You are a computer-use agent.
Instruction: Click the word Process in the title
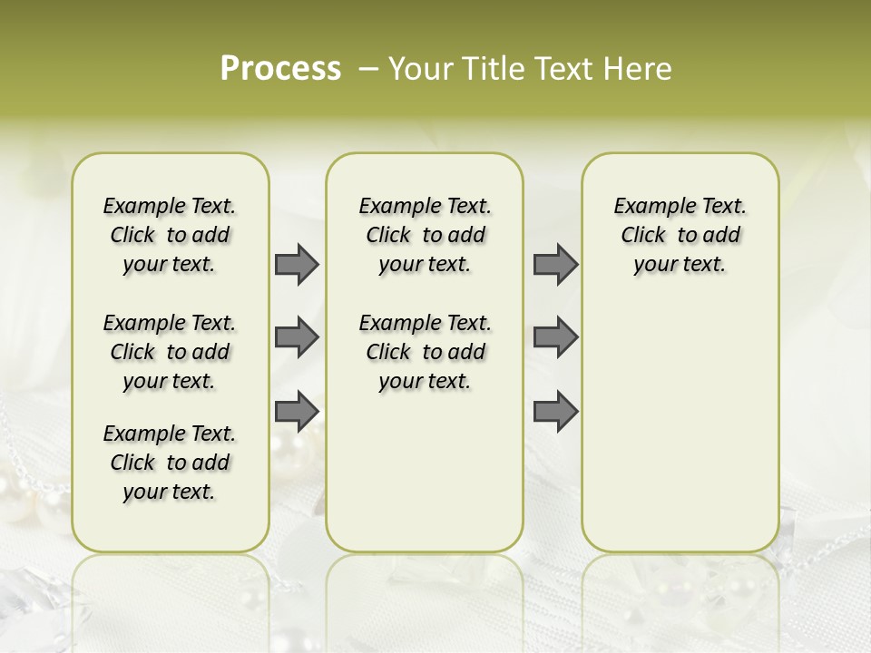tap(280, 69)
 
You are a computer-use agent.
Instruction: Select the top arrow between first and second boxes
tap(297, 264)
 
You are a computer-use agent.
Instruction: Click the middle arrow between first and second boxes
tap(297, 337)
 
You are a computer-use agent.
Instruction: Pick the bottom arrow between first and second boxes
tap(297, 411)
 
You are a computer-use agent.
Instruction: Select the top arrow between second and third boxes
tap(555, 264)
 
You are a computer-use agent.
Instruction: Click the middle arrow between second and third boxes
tap(555, 337)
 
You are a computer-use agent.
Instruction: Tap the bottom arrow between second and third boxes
tap(555, 411)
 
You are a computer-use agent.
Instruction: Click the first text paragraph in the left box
tap(170, 235)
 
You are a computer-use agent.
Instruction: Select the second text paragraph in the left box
tap(170, 352)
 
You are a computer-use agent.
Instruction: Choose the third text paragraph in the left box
tap(170, 463)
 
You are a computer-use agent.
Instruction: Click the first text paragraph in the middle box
tap(425, 235)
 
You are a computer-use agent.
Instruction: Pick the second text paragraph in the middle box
tap(425, 352)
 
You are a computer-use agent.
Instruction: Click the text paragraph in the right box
tap(680, 235)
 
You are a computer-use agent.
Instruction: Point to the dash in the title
tap(368, 70)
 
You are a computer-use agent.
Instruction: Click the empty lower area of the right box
tap(680, 426)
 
